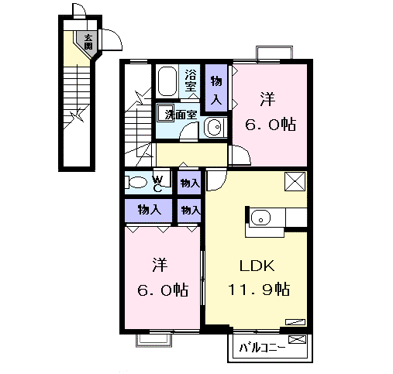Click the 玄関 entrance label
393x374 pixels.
[x=88, y=42]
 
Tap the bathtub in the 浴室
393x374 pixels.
[x=167, y=81]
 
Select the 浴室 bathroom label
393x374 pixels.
[x=191, y=81]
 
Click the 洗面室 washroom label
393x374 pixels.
[x=181, y=115]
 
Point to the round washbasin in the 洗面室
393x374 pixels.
[x=214, y=127]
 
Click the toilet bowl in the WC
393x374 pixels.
[x=136, y=182]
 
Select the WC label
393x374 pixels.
[x=157, y=184]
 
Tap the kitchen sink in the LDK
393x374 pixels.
[x=260, y=217]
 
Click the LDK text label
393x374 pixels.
[x=257, y=266]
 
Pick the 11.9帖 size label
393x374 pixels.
[x=259, y=289]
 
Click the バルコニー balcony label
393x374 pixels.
[x=262, y=348]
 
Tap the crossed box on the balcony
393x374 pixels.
[x=297, y=339]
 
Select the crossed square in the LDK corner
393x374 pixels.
[x=295, y=182]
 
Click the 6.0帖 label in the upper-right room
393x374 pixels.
[x=271, y=125]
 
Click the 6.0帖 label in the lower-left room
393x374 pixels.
[x=163, y=290]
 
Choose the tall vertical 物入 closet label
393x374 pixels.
[x=216, y=90]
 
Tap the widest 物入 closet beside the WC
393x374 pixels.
[x=150, y=210]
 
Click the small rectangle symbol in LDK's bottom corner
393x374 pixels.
[x=295, y=322]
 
